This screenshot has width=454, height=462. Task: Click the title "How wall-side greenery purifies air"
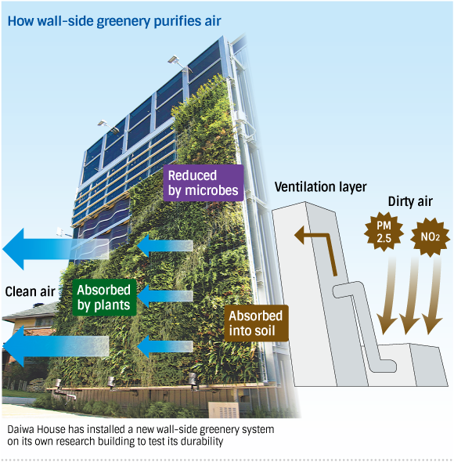114,21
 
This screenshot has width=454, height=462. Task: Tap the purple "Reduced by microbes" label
204,183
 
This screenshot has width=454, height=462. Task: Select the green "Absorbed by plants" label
104,298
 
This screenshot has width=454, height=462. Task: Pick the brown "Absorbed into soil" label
256,323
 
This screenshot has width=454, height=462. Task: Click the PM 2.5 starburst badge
384,232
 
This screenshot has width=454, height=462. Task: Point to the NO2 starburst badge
431,237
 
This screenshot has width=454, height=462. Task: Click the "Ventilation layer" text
321,187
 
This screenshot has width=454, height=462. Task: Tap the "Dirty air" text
410,201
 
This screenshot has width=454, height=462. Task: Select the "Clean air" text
30,291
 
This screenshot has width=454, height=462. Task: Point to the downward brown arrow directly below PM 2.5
387,294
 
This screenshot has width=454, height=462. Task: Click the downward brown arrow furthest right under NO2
434,294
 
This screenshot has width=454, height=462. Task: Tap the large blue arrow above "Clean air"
56,249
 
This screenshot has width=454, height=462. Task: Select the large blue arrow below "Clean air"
56,346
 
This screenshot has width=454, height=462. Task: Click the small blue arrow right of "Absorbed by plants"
165,296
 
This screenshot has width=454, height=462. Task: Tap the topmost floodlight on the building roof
175,60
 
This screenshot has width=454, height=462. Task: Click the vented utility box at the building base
224,410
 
